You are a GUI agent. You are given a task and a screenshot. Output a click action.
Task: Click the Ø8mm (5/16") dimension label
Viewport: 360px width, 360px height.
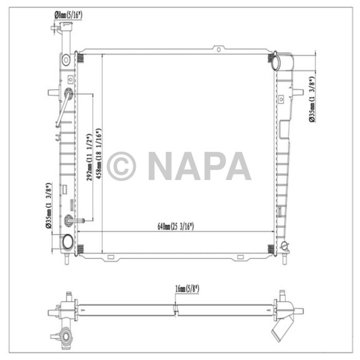pyautogui.click(x=68, y=15)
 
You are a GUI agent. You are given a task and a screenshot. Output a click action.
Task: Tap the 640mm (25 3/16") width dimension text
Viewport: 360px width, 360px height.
pyautogui.click(x=176, y=226)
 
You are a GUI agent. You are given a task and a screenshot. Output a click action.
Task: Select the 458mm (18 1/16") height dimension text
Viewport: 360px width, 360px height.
pyautogui.click(x=99, y=154)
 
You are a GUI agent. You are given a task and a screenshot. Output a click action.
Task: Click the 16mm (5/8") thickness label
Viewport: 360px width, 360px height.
pyautogui.click(x=187, y=289)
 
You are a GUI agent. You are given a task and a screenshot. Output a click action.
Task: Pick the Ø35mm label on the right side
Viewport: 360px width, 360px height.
pyautogui.click(x=312, y=99)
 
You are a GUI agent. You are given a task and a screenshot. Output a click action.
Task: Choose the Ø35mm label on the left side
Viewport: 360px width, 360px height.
pyautogui.click(x=48, y=206)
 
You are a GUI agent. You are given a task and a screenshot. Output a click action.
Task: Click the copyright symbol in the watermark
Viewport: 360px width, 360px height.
pyautogui.click(x=121, y=166)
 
